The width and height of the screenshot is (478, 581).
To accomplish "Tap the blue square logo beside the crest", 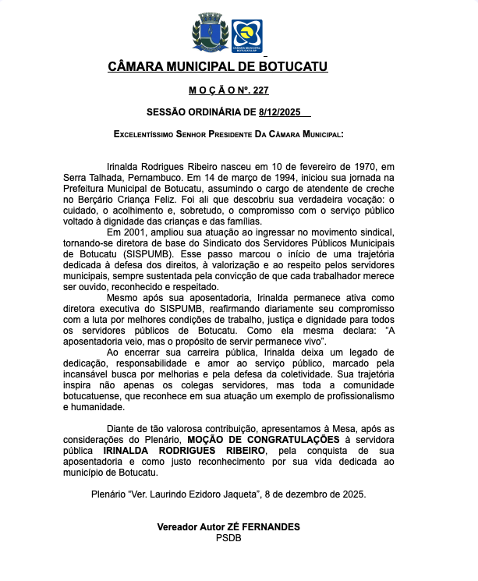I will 247,36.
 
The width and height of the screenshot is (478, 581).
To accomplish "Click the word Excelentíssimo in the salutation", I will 147,134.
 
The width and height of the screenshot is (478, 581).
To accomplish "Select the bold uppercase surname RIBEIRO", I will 243,451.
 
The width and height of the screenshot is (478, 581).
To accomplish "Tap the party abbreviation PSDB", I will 228,538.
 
